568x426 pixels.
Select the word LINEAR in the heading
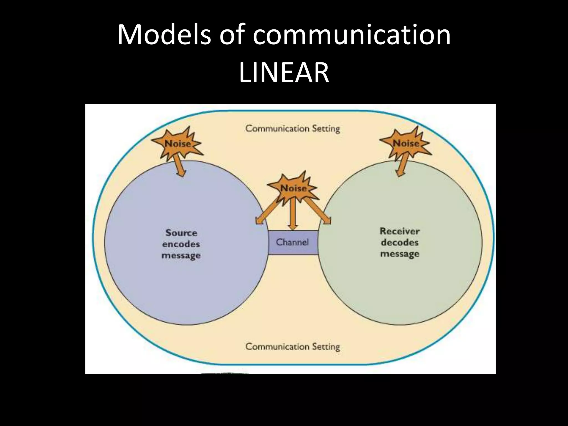pyautogui.click(x=284, y=73)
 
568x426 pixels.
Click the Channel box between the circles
pyautogui.click(x=292, y=242)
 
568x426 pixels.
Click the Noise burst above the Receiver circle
pyautogui.click(x=405, y=143)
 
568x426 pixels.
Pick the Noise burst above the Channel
pyautogui.click(x=293, y=189)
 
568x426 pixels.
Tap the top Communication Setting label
pyautogui.click(x=292, y=129)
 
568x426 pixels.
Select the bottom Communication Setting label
pyautogui.click(x=292, y=347)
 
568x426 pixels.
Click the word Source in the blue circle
pyautogui.click(x=181, y=233)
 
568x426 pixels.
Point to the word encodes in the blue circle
pyautogui.click(x=181, y=244)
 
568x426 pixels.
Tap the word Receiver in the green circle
pyautogui.click(x=399, y=231)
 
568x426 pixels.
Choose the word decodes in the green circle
pyautogui.click(x=399, y=242)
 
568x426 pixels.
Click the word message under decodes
pyautogui.click(x=399, y=254)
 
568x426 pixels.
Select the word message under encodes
pyautogui.click(x=181, y=255)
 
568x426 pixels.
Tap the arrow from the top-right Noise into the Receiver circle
pyautogui.click(x=400, y=168)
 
